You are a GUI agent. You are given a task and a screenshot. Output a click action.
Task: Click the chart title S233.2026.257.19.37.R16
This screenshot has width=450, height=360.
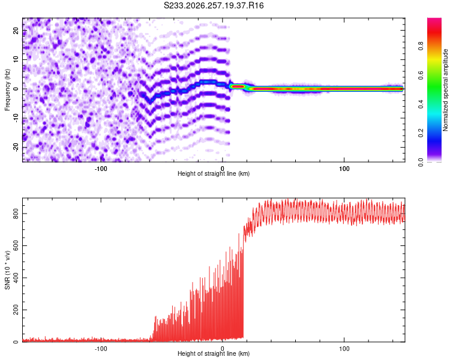(214, 5)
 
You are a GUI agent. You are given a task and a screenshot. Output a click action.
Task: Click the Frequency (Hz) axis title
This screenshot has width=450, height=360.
(7, 89)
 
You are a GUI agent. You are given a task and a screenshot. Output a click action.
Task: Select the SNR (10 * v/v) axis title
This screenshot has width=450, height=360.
(7, 270)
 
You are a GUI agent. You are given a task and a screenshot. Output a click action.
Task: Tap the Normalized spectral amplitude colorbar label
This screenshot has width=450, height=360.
(445, 90)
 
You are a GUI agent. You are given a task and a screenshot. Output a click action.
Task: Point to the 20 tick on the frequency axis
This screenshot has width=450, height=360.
(16, 31)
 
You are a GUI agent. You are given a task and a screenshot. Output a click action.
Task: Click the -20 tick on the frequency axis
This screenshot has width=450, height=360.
(16, 147)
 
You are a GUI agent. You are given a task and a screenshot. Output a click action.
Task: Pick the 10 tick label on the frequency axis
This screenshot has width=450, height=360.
(16, 60)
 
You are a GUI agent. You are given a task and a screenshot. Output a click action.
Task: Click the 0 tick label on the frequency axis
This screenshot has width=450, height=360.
(16, 89)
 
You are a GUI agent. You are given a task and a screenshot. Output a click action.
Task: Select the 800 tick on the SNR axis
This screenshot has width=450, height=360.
(16, 214)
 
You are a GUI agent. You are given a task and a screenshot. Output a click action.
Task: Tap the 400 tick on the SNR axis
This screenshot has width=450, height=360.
(16, 278)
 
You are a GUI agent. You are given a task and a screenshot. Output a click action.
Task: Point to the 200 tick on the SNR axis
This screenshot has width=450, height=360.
(16, 310)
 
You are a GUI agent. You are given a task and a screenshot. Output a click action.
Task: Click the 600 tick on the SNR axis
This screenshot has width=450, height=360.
(16, 246)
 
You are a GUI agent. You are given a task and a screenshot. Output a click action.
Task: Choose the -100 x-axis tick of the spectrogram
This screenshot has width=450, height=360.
(101, 169)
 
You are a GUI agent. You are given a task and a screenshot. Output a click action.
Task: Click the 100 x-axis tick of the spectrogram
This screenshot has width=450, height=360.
(344, 169)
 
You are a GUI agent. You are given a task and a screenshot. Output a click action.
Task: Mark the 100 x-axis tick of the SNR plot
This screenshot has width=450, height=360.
(344, 349)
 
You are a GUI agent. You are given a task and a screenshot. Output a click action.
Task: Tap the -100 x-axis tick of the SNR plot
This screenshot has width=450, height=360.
(101, 349)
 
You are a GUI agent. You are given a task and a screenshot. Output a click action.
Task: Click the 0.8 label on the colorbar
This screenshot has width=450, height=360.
(421, 46)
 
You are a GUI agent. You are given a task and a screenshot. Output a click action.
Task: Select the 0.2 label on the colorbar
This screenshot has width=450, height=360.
(421, 133)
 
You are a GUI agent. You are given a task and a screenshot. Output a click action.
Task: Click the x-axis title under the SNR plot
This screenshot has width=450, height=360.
(214, 353)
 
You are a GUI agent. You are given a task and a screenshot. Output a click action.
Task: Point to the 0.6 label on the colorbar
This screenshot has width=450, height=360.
(421, 75)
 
